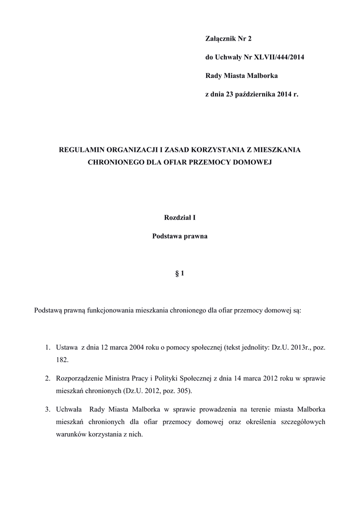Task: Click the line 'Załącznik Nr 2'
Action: [x=229, y=39]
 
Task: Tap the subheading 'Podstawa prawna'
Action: [x=180, y=236]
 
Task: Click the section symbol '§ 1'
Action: [x=180, y=273]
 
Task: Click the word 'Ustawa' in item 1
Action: [x=67, y=348]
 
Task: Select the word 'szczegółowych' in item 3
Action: [x=303, y=422]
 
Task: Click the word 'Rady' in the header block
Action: [x=214, y=75]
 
